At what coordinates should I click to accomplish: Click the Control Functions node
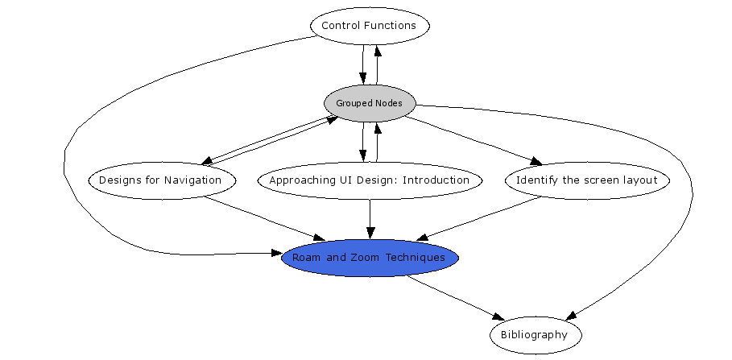click(x=370, y=26)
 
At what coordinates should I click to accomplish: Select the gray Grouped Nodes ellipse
click(x=370, y=103)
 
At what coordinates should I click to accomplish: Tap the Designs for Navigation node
click(x=161, y=180)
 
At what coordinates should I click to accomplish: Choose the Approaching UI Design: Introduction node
click(x=370, y=180)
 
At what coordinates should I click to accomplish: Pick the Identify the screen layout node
click(x=587, y=180)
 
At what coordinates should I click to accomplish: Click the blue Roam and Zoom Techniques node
click(x=370, y=258)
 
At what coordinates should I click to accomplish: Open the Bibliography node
click(x=534, y=335)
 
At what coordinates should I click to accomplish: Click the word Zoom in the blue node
click(x=360, y=258)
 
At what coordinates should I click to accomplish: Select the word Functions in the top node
click(x=390, y=26)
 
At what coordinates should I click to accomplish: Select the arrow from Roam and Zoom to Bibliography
click(x=455, y=296)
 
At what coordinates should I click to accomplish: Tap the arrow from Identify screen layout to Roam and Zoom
click(x=479, y=218)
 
